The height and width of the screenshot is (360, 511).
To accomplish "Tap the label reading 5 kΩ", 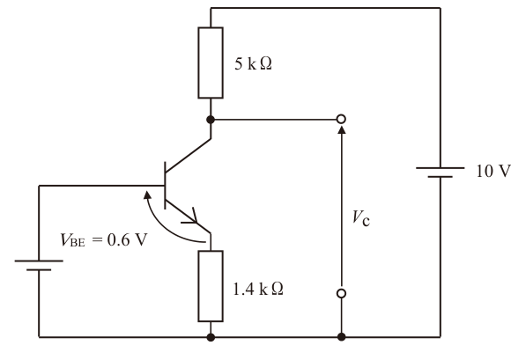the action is click(x=253, y=63).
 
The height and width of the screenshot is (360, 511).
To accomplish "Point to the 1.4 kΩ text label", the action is click(x=258, y=289).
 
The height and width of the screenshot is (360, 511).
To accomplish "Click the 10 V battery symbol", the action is click(x=441, y=173).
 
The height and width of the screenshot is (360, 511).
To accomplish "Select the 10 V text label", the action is click(x=493, y=172).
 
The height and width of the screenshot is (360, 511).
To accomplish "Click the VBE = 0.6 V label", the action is click(x=104, y=240).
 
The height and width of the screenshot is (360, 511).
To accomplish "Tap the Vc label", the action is click(x=361, y=218).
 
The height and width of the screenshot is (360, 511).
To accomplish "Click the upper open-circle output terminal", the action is click(x=341, y=119).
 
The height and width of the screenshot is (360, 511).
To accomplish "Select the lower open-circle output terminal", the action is click(x=341, y=293).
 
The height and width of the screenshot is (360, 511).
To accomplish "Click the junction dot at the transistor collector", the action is click(x=211, y=120).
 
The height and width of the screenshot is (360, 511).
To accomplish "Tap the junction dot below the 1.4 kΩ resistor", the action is click(x=211, y=337).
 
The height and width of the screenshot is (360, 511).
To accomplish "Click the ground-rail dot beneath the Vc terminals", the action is click(x=341, y=337).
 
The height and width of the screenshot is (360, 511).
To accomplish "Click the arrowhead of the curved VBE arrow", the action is click(x=147, y=195).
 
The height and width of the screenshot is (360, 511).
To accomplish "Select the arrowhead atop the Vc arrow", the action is click(x=341, y=130).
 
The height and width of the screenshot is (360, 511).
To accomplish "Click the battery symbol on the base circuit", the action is click(x=39, y=265).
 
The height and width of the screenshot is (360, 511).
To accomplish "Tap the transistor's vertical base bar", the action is click(x=165, y=186).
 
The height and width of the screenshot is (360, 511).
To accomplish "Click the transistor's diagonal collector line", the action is click(x=189, y=155).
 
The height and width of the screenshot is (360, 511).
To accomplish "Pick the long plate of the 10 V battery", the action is click(x=441, y=168).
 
